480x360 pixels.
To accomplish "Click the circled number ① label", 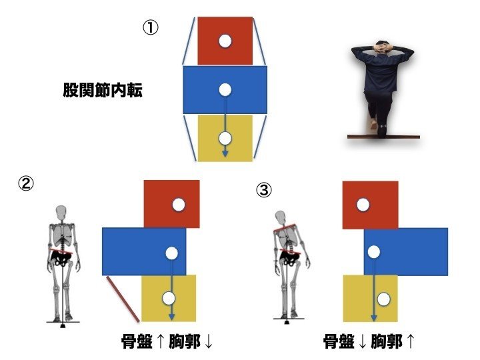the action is tap(151, 28).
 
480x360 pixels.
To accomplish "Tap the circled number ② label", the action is tap(26, 183).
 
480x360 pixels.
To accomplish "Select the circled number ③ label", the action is tap(263, 190).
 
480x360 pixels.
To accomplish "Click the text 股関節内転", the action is tap(103, 90).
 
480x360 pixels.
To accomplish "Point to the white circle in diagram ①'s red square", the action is tap(225, 41).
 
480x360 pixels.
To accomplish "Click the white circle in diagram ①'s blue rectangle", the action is tap(225, 90).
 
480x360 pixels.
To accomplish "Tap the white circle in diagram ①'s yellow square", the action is tap(225, 139).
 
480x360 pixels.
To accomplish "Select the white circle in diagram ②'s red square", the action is tap(179, 205).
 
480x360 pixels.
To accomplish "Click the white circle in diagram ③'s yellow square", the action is tap(383, 299).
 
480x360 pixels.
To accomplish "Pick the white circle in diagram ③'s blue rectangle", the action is tap(374, 252).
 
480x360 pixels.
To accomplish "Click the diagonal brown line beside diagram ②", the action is tap(123, 299).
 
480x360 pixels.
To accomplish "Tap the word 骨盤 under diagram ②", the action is tap(137, 341).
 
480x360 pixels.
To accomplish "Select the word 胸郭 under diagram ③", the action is tap(387, 341).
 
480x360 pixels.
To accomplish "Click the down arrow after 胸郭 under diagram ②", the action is tap(209, 341).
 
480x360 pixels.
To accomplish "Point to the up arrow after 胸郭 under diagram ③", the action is tap(411, 341).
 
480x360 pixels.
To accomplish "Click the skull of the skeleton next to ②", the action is tap(61, 212).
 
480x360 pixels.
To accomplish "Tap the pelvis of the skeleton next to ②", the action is tap(62, 259).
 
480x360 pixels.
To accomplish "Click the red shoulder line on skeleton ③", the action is tap(285, 228).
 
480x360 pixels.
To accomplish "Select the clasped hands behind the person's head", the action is tap(381, 48).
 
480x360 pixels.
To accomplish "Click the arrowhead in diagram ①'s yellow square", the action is tap(225, 154).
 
